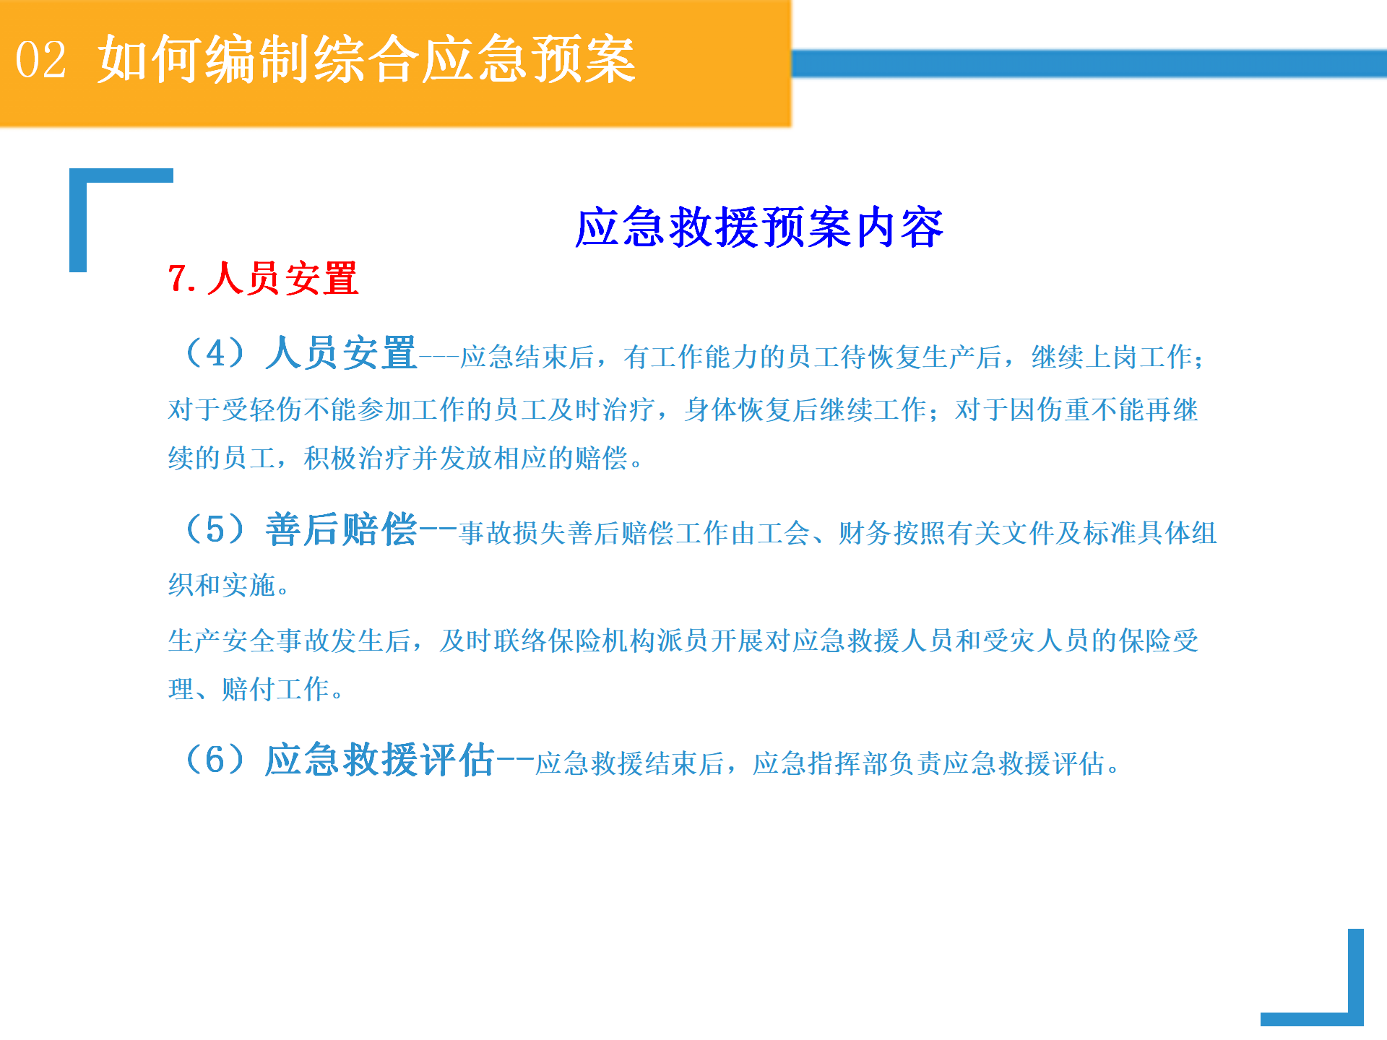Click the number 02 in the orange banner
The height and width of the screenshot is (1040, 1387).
coord(41,60)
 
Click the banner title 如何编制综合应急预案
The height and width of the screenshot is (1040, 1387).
coord(367,59)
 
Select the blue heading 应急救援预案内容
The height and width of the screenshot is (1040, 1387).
coord(759,227)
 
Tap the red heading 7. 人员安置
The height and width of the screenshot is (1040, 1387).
coord(263,279)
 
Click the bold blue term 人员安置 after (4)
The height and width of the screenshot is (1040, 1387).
coord(341,353)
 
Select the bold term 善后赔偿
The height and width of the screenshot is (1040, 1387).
coord(341,529)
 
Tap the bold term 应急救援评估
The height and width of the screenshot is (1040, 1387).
coord(379,760)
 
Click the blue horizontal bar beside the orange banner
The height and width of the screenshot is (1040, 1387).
coord(1089,64)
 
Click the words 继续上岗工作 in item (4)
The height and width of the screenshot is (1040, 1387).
coord(1112,357)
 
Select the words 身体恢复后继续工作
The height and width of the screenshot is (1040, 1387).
coord(805,410)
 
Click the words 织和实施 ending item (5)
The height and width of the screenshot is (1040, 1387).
coord(222,585)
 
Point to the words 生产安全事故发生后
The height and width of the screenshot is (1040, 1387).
coord(290,641)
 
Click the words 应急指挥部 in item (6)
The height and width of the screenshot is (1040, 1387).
coord(820,763)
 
